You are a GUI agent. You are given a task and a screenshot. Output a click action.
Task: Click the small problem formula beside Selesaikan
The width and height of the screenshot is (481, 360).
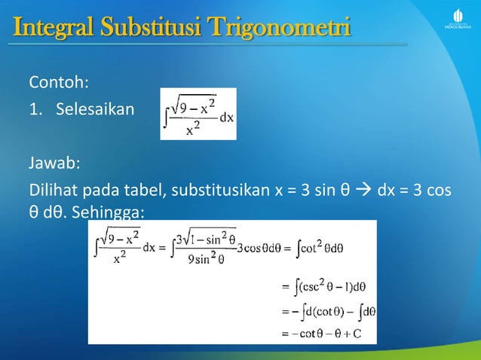click(x=198, y=114)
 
